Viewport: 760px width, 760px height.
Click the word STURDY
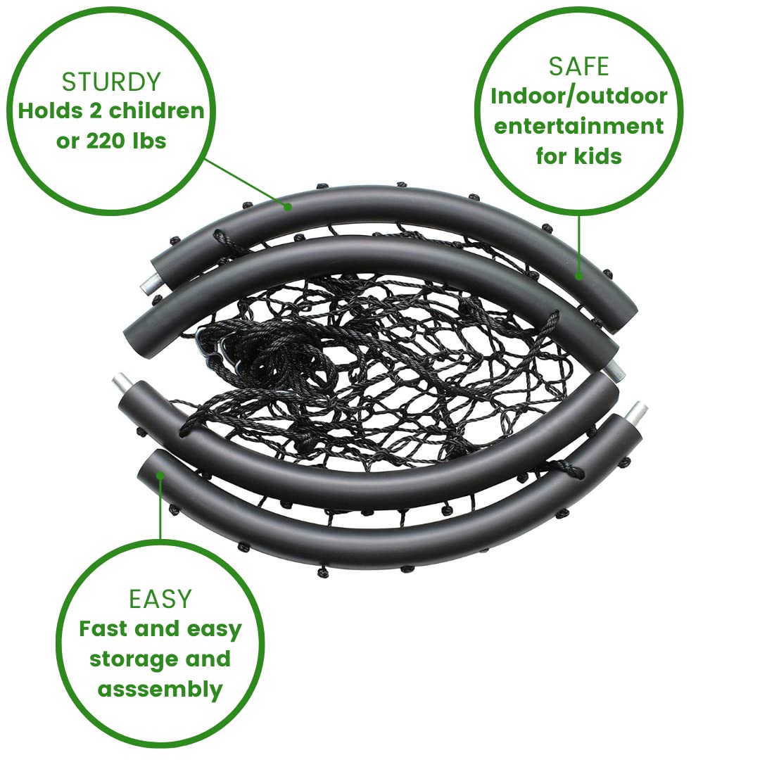click(x=111, y=82)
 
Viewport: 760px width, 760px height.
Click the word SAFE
click(x=578, y=66)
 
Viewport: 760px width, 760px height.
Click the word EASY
click(x=160, y=599)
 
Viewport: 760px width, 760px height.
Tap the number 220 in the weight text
click(x=105, y=141)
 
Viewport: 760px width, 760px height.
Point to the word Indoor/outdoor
click(x=578, y=97)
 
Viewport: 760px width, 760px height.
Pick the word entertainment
click(x=578, y=127)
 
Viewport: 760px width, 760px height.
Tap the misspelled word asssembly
click(x=160, y=690)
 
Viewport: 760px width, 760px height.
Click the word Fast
click(x=103, y=629)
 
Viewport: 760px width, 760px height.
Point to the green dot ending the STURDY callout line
click(x=288, y=207)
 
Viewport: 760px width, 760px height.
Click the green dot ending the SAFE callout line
click(x=578, y=276)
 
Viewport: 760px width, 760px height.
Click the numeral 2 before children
click(x=96, y=111)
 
